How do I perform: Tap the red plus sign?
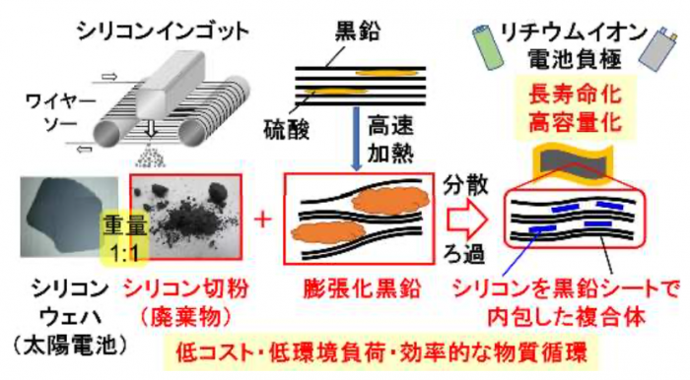[x=262, y=219]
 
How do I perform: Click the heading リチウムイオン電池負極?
[x=572, y=45]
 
